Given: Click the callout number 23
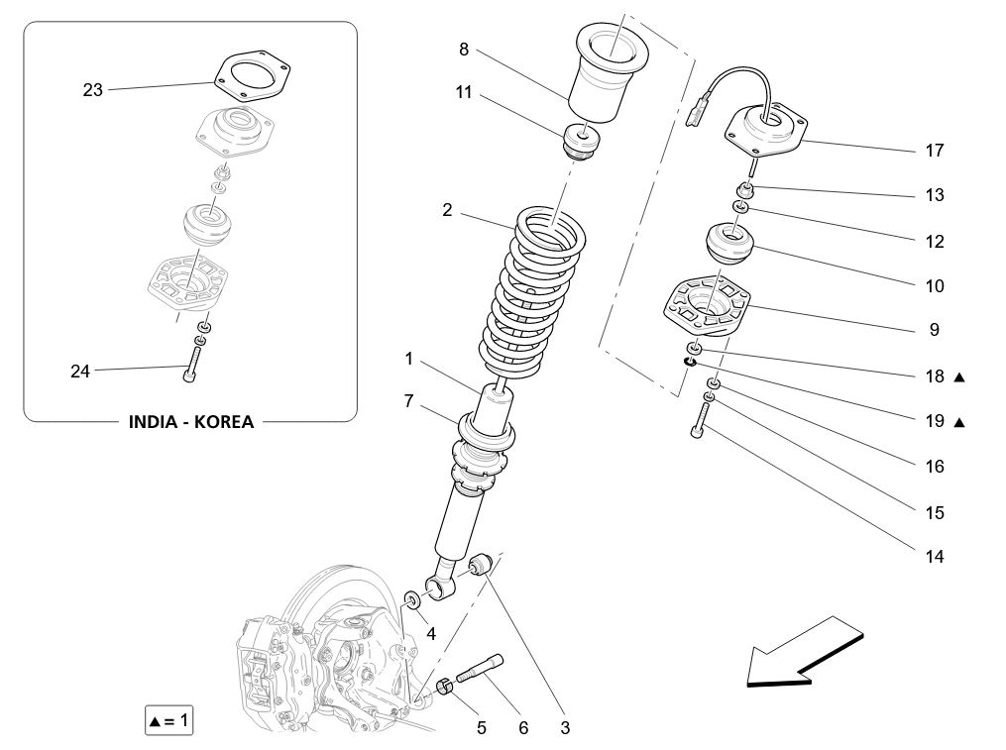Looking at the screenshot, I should tap(92, 90).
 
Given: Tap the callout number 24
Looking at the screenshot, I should tap(80, 372).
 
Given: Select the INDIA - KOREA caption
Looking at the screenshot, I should tap(191, 422).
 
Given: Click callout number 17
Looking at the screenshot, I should tap(934, 151).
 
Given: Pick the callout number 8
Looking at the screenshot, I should tap(464, 49).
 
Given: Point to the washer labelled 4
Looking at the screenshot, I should tap(411, 599).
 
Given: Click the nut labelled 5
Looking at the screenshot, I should tap(445, 685).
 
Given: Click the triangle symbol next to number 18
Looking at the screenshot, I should tap(958, 377).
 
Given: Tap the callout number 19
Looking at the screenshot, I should tap(934, 421).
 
